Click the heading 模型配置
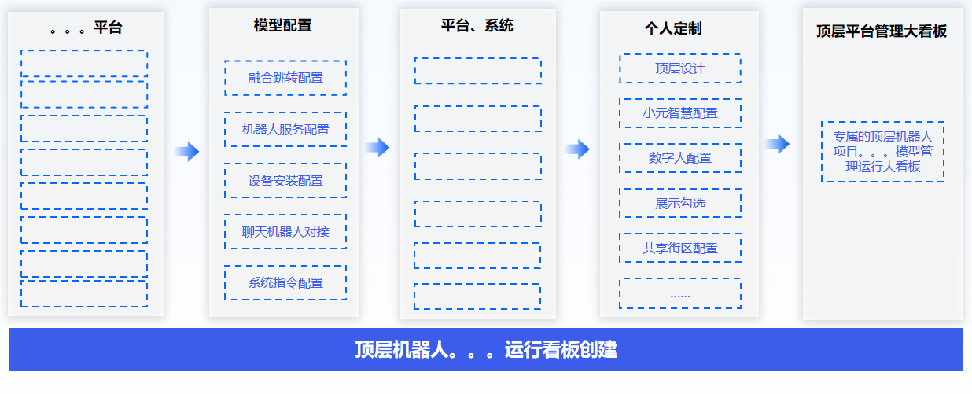[x=283, y=25]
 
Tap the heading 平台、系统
[x=477, y=26]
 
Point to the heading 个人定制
[x=673, y=28]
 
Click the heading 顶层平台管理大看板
[x=882, y=31]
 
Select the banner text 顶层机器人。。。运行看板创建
[x=486, y=350]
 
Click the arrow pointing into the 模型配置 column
[x=187, y=152]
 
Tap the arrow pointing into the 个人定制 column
[x=577, y=149]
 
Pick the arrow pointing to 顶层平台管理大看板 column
[x=777, y=144]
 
